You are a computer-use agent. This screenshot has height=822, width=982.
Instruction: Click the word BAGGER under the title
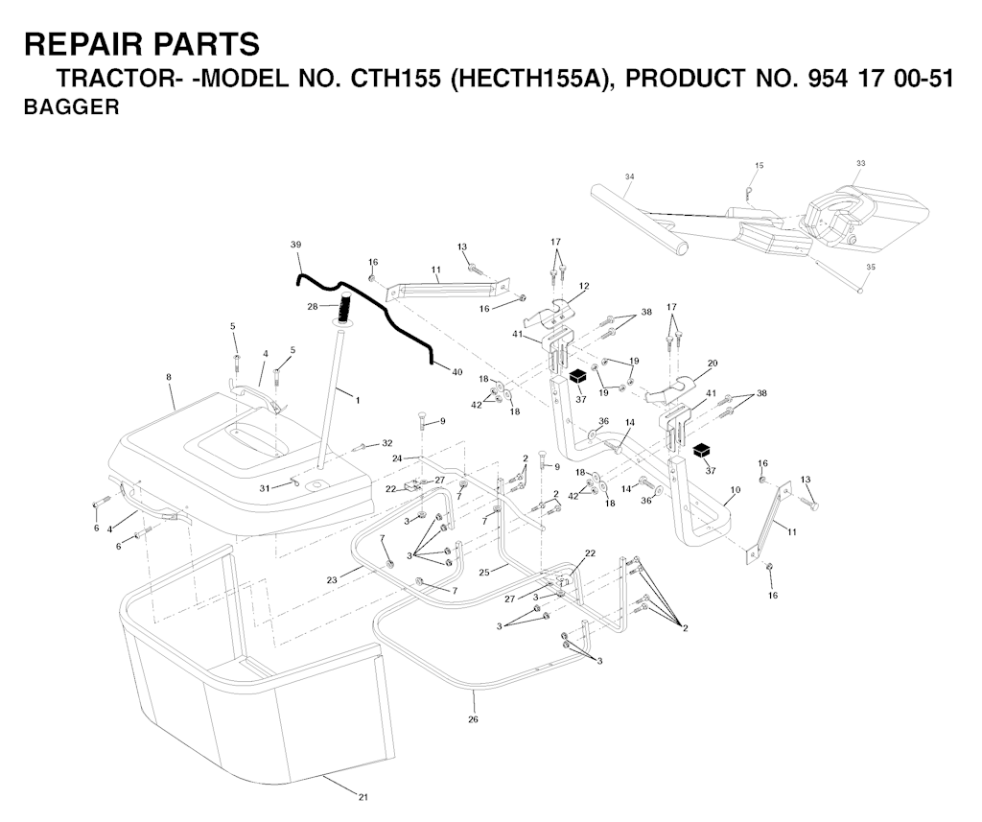[71, 107]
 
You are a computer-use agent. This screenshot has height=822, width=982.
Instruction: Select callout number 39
[296, 244]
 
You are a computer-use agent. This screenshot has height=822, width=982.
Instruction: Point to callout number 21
[363, 797]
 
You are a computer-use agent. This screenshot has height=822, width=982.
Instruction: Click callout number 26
[473, 719]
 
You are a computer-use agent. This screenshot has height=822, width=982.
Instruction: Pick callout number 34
[629, 176]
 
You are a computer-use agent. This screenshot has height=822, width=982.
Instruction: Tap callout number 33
[860, 163]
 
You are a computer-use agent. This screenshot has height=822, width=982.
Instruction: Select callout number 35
[871, 267]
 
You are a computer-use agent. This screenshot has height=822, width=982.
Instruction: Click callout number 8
[169, 377]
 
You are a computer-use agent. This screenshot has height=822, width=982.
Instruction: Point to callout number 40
[457, 372]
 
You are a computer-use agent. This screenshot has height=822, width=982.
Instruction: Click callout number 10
[736, 489]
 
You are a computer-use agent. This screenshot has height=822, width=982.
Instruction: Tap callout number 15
[760, 165]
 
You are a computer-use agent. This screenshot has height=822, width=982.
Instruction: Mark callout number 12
[584, 286]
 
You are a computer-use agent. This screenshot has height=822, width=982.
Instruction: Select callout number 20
[713, 363]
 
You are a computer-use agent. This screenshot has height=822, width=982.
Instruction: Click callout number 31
[265, 487]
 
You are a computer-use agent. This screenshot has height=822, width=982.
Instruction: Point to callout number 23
[332, 580]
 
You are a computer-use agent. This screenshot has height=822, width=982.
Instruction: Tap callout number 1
[358, 400]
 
